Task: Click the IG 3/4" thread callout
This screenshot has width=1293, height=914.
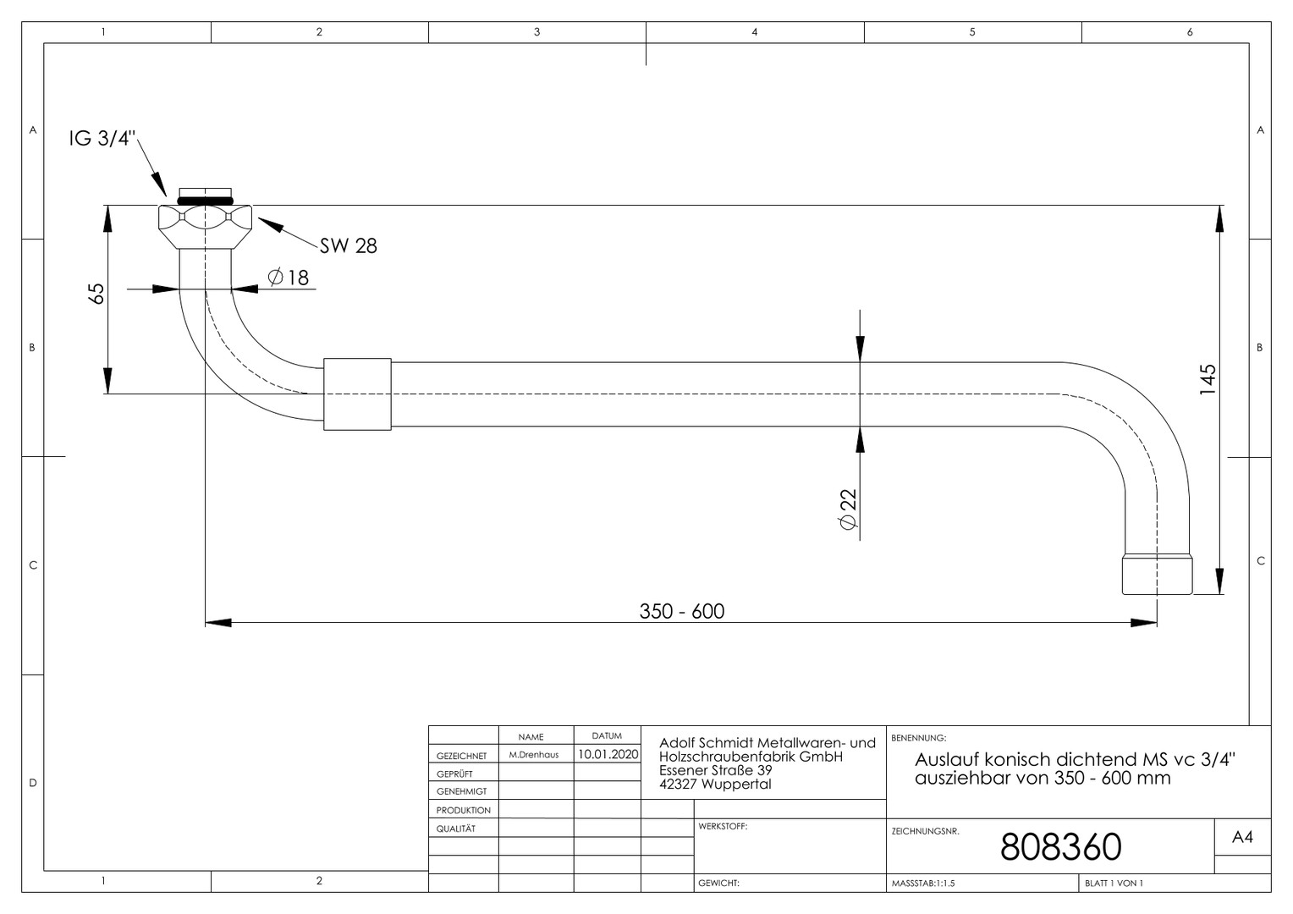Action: pyautogui.click(x=102, y=139)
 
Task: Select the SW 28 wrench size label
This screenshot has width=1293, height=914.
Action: pyautogui.click(x=348, y=246)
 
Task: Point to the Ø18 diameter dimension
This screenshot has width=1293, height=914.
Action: pyautogui.click(x=289, y=278)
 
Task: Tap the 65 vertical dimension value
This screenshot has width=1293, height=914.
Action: pyautogui.click(x=96, y=294)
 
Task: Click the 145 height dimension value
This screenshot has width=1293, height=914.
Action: pyautogui.click(x=1208, y=379)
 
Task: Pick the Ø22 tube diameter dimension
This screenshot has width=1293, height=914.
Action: pyautogui.click(x=847, y=509)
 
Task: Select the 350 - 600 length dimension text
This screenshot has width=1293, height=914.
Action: pyautogui.click(x=682, y=611)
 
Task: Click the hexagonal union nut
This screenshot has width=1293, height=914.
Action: pyautogui.click(x=205, y=226)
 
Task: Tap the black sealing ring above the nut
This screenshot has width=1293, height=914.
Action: pyautogui.click(x=205, y=201)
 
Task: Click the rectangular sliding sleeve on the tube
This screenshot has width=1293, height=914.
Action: pyautogui.click(x=357, y=394)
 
